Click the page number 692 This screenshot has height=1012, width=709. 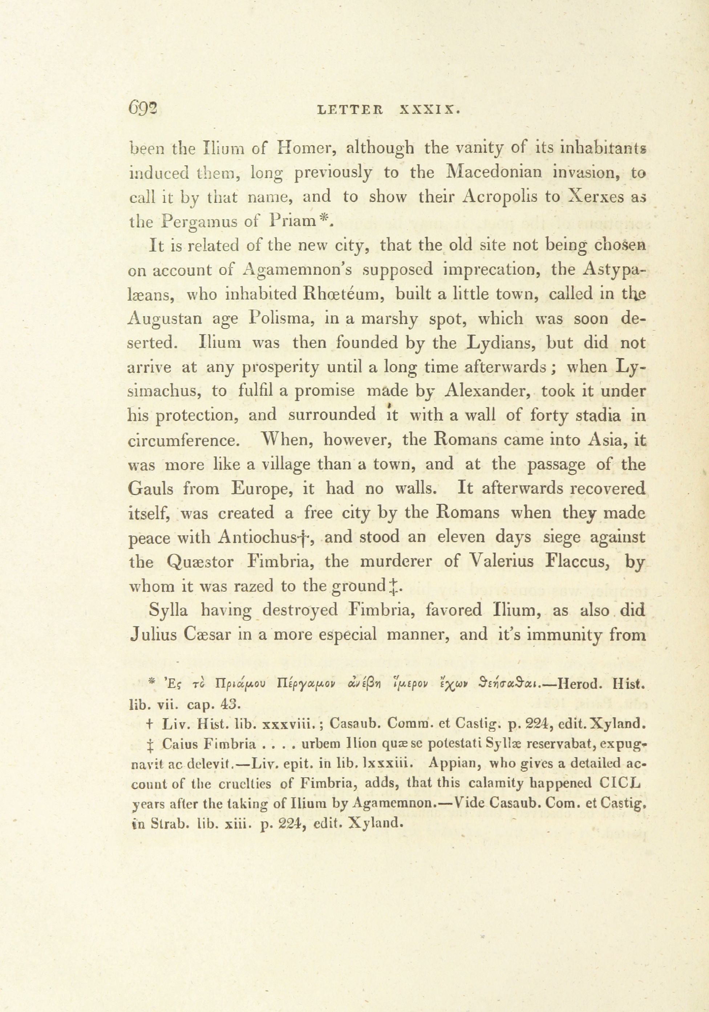[143, 108]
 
